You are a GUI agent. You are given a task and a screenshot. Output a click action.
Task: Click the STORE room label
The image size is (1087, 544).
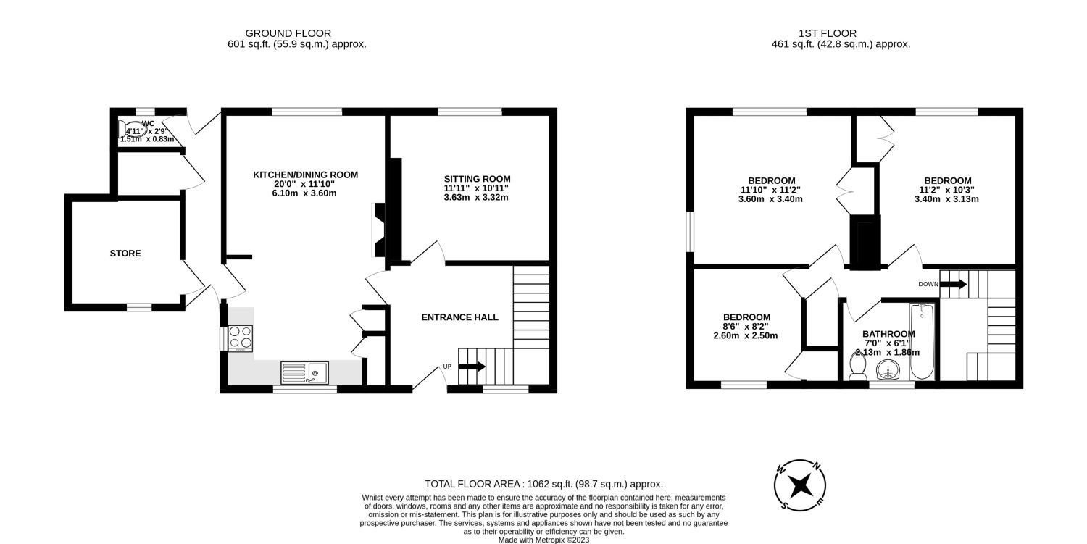pos(125,254)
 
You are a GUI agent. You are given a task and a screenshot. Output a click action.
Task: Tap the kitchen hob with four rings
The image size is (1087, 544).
pos(241,337)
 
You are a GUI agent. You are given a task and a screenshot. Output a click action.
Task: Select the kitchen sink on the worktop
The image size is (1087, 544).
pos(304,373)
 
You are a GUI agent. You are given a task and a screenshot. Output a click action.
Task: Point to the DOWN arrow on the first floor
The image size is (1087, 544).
pos(953,284)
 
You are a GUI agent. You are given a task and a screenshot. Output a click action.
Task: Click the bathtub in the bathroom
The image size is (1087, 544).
pos(922,343)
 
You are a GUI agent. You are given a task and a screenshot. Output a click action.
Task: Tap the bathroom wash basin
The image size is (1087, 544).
pos(888,372)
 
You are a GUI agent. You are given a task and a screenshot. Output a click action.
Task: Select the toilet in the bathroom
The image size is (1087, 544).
pos(858,367)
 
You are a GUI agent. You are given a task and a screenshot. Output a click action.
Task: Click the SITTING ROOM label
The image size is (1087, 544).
pos(477,179)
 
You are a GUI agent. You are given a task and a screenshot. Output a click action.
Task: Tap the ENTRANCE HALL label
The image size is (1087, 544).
pos(460,317)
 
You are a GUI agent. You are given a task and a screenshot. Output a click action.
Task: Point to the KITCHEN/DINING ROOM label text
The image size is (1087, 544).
pos(305,175)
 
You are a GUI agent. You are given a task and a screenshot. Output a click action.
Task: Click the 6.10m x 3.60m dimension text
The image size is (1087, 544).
pos(305,193)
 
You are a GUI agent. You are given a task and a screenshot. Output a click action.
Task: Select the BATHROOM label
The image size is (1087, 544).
pos(888,334)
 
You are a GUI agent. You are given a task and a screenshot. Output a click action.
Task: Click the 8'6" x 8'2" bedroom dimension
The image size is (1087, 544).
pos(746,327)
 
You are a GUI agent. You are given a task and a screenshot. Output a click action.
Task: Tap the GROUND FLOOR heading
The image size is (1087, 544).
pos(288,33)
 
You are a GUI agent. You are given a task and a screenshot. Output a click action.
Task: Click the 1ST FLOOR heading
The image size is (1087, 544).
pos(828,33)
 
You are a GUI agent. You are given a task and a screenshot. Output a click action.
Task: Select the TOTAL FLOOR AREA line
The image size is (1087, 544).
pos(543,484)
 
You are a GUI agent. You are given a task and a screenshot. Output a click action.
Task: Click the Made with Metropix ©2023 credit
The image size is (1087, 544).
pos(543,540)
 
